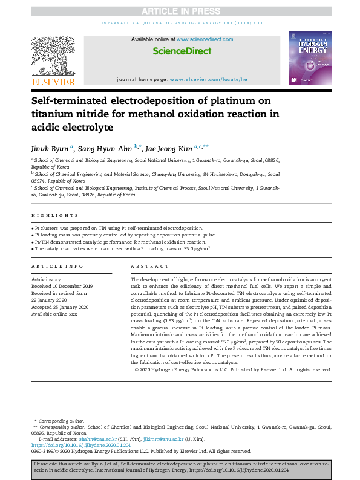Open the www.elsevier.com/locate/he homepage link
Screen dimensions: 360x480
tap(209, 79)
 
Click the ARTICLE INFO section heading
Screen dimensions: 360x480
tap(57, 267)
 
